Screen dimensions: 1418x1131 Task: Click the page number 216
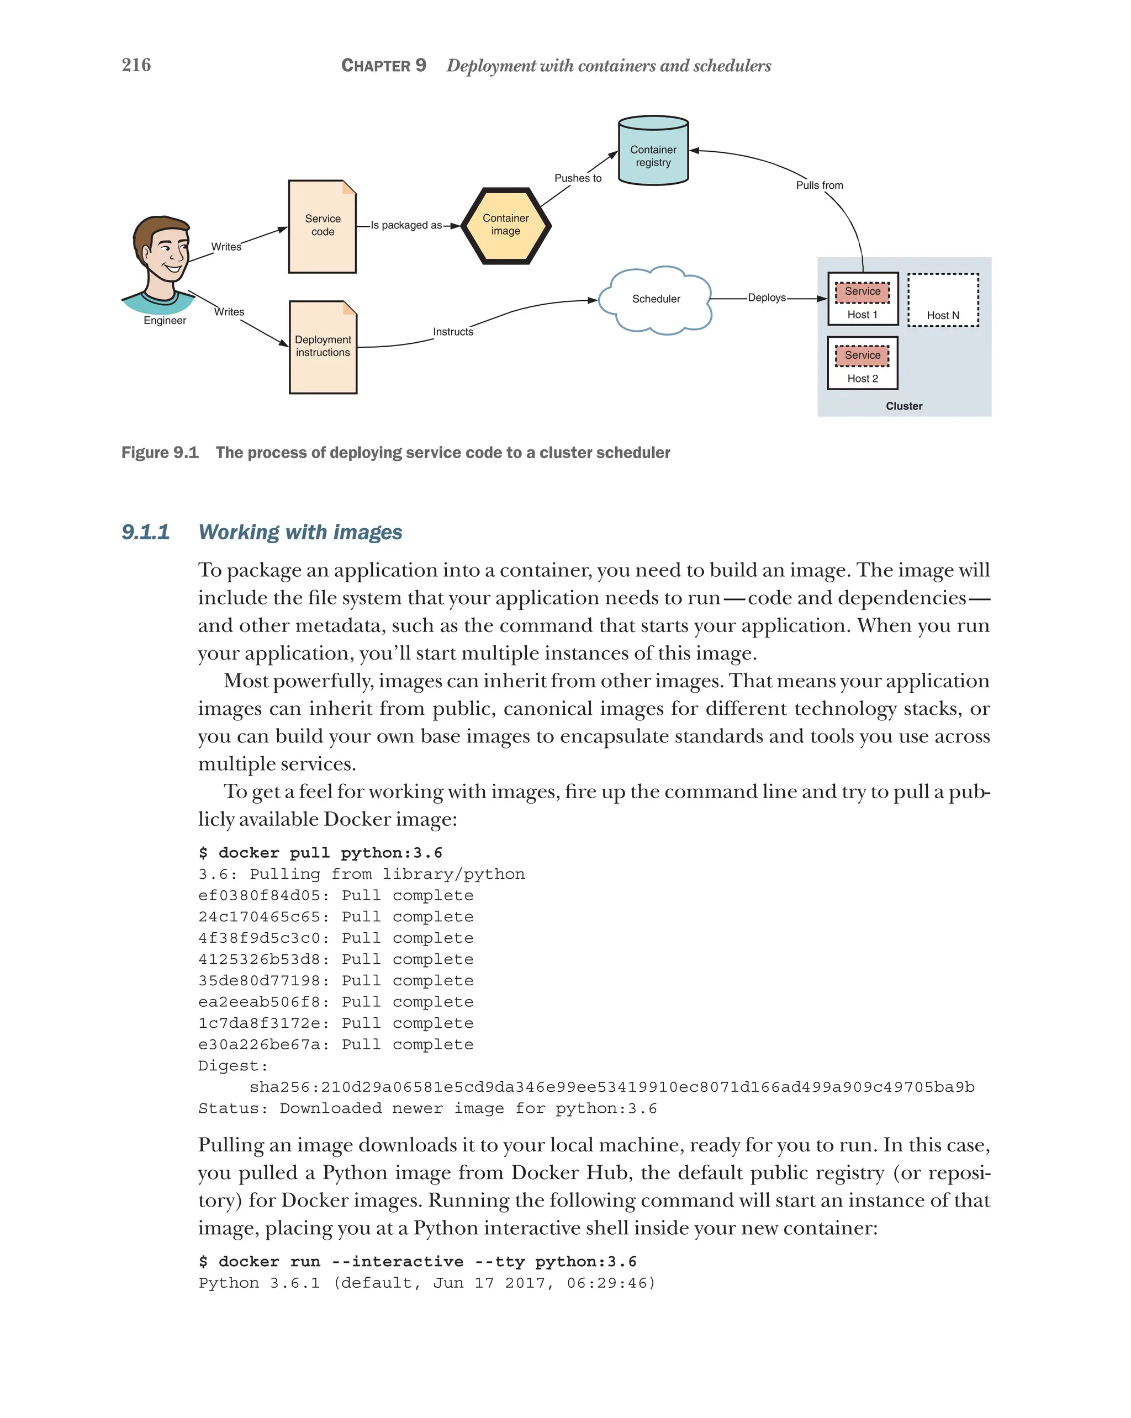pyautogui.click(x=136, y=65)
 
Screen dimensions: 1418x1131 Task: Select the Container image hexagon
pyautogui.click(x=505, y=225)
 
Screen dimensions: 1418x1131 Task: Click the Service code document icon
pyautogui.click(x=323, y=226)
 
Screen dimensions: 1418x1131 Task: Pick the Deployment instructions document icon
pyautogui.click(x=323, y=347)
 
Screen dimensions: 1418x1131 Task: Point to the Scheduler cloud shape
pyautogui.click(x=656, y=299)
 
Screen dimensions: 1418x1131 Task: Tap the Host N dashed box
pyautogui.click(x=942, y=299)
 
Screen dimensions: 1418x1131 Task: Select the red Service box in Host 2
pyautogui.click(x=862, y=355)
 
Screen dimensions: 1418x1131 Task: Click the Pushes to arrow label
pyautogui.click(x=578, y=178)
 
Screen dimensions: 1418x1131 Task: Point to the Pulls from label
pyautogui.click(x=819, y=185)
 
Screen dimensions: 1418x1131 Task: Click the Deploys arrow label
pyautogui.click(x=767, y=298)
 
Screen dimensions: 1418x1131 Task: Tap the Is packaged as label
pyautogui.click(x=406, y=225)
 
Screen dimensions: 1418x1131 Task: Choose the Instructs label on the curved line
pyautogui.click(x=453, y=332)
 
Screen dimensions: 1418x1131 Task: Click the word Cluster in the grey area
pyautogui.click(x=903, y=406)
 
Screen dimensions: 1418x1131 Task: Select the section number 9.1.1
pyautogui.click(x=145, y=532)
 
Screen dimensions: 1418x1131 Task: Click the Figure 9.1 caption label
pyautogui.click(x=160, y=453)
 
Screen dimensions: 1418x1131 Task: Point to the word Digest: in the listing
pyautogui.click(x=233, y=1066)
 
